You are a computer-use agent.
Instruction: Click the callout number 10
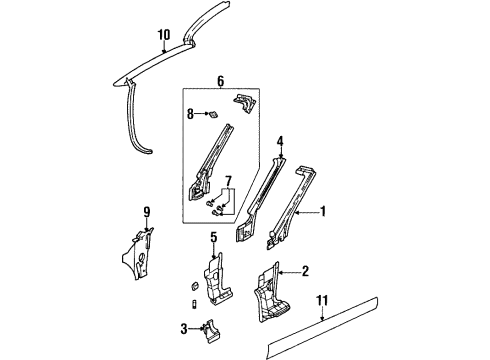click(x=163, y=35)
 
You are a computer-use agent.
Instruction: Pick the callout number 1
click(x=322, y=211)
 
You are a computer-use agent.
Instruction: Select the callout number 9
click(x=146, y=211)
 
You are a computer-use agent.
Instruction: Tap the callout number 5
click(x=213, y=237)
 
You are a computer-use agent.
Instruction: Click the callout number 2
click(x=305, y=271)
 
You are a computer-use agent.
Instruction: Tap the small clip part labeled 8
click(x=212, y=115)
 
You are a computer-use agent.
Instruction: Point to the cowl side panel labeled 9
click(x=140, y=254)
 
